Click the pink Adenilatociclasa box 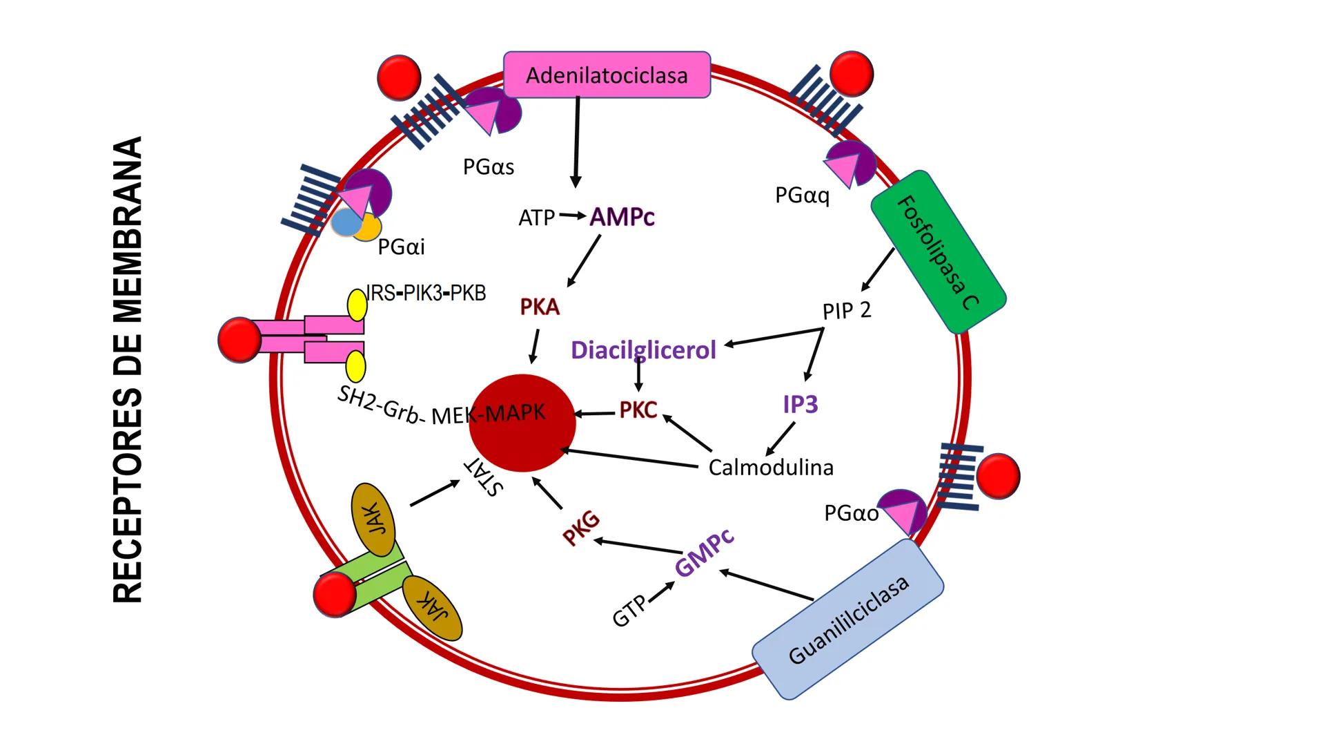[607, 75]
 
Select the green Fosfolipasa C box [938, 252]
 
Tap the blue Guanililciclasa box [848, 619]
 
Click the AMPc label [622, 218]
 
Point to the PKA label [540, 307]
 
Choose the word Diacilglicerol [643, 350]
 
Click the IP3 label [801, 404]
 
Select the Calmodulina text [771, 468]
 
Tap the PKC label [638, 410]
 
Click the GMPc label [704, 553]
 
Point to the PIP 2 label [847, 311]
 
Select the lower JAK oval [432, 609]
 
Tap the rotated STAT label [483, 477]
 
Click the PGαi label [401, 247]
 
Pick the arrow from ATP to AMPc [571, 216]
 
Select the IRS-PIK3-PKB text [426, 293]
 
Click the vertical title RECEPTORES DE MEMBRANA [128, 370]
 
